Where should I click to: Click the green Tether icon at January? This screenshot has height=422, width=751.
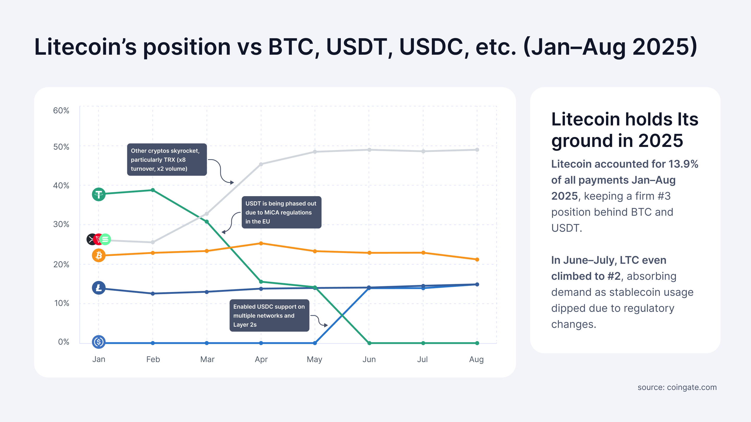tap(99, 194)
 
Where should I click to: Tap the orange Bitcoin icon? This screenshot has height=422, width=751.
tap(99, 255)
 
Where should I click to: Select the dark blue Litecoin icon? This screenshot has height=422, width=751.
tap(99, 288)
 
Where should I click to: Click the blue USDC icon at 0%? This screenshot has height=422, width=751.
tap(99, 342)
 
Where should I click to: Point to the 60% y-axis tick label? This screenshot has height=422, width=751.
tap(61, 111)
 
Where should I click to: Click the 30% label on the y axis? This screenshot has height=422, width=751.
tap(61, 224)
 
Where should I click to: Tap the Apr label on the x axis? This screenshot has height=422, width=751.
tap(261, 359)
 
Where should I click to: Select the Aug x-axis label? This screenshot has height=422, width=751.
tap(476, 359)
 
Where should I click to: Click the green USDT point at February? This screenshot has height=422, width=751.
tap(153, 190)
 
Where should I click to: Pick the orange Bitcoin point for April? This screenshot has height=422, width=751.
tap(261, 243)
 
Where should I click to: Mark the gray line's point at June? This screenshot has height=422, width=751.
tap(369, 150)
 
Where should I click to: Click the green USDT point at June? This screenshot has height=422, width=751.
tap(369, 343)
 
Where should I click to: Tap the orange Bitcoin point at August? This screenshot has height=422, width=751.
tap(477, 259)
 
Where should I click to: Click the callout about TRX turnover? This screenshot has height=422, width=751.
tap(167, 160)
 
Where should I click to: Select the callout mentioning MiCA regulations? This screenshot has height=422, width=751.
tap(281, 212)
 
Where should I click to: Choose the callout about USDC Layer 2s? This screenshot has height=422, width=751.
tap(269, 315)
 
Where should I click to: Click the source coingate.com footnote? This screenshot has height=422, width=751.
tap(677, 387)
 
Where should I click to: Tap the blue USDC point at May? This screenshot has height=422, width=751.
tap(315, 343)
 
